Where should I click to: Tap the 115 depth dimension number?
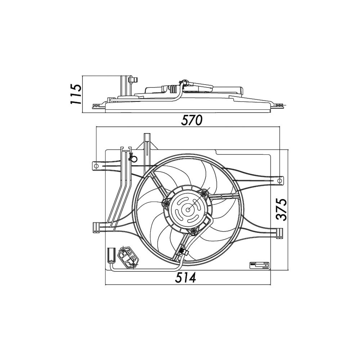point(76,94)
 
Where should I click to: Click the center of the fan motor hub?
point(188,209)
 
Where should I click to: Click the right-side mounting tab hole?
point(280,180)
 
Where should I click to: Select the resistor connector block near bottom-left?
point(128,257)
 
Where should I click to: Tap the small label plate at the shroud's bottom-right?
point(259,265)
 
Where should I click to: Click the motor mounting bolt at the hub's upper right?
point(204,194)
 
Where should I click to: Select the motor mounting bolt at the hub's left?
point(166,204)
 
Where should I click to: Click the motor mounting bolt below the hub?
point(194,230)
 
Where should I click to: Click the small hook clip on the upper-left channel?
point(131,157)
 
